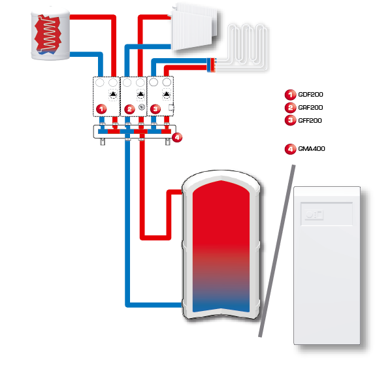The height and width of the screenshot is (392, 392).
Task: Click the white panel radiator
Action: coord(196,29)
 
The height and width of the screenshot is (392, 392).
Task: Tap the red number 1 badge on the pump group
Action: coord(101,108)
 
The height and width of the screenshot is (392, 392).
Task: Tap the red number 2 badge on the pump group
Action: coord(129,108)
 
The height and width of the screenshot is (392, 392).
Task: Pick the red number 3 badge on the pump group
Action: coord(155,108)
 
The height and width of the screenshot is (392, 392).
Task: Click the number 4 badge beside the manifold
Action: coord(177,137)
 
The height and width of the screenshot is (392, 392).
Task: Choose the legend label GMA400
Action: coord(312,149)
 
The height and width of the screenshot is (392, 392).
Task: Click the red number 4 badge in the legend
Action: coord(290,149)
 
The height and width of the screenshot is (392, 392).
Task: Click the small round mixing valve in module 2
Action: coord(141,107)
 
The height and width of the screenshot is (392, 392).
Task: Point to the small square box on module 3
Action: coord(171,107)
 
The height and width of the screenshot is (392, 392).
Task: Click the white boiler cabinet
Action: coord(327,268)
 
